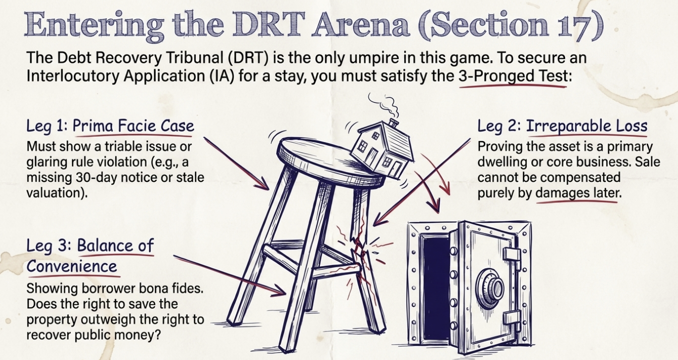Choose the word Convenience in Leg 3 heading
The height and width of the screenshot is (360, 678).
click(71, 266)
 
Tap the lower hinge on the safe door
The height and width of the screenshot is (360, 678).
click(511, 317)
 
